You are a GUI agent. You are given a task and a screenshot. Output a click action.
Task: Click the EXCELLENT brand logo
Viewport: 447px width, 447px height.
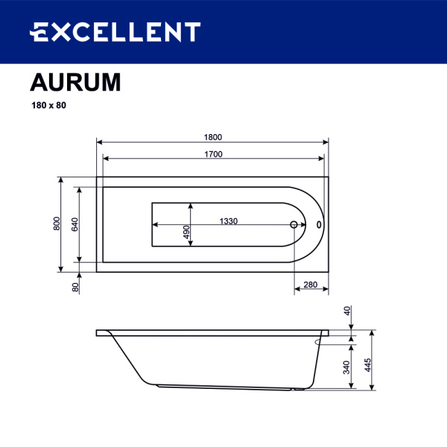click(x=115, y=32)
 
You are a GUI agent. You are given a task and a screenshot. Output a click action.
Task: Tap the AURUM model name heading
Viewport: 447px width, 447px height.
click(x=75, y=82)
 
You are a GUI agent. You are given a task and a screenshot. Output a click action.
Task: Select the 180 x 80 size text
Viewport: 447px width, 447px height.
click(x=48, y=105)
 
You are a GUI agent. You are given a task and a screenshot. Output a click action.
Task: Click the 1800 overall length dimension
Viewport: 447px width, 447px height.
click(x=213, y=136)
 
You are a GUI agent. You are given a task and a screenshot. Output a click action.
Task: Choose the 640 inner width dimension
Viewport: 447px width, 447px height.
click(x=74, y=223)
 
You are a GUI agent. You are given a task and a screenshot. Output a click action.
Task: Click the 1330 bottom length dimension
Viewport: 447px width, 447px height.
click(x=228, y=221)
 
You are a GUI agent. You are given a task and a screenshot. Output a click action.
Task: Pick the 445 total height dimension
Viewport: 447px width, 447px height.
click(x=367, y=365)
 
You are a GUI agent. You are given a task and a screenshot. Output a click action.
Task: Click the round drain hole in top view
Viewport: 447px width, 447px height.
click(x=294, y=224)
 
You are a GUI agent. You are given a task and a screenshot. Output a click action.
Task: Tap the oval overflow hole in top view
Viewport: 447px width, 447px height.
click(x=319, y=224)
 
